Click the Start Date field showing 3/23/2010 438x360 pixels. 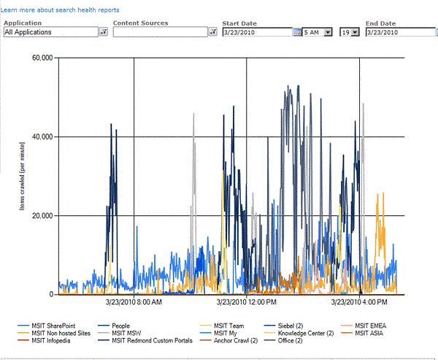(256, 32)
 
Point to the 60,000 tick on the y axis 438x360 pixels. (39, 58)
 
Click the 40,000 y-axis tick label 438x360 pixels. (39, 137)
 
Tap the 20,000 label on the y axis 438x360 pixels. (39, 215)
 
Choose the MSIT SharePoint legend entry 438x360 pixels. (55, 326)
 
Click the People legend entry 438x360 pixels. (122, 326)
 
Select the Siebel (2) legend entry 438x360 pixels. (299, 326)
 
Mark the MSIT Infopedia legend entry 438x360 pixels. (50, 340)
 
